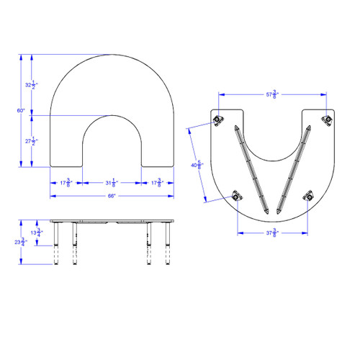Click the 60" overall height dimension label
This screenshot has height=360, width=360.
tap(22, 110)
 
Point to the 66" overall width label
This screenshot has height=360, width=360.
tap(111, 195)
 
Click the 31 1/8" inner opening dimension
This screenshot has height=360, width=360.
tap(111, 182)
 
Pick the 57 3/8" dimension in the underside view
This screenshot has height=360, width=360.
tap(272, 94)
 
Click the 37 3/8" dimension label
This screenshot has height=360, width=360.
tap(273, 232)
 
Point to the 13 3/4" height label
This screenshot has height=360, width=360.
tap(40, 233)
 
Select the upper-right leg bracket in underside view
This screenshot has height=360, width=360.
tap(327, 119)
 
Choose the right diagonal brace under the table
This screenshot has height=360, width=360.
tap(294, 169)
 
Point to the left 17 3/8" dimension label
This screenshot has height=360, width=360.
tap(65, 182)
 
